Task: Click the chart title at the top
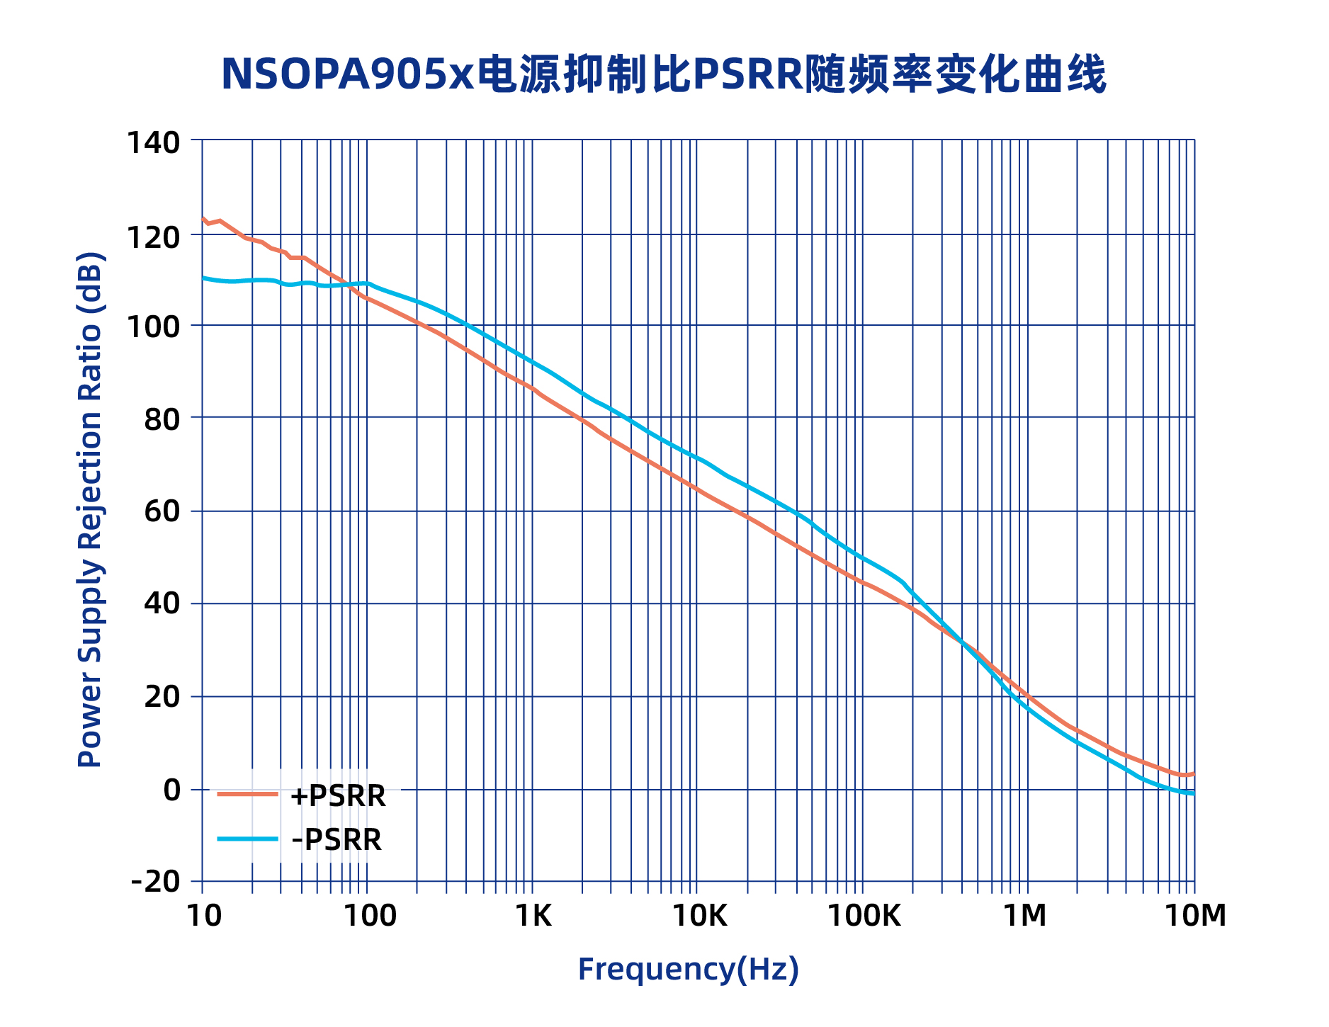(663, 74)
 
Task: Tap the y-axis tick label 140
(152, 142)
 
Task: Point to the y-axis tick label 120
(152, 237)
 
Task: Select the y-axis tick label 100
(152, 327)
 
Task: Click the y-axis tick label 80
(162, 419)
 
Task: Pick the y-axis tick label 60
(162, 511)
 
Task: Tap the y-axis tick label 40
(162, 604)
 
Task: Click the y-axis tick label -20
(155, 882)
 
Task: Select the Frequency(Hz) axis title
(688, 969)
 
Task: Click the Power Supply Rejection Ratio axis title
(90, 509)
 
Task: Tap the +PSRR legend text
(338, 796)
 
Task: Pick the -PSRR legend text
(337, 840)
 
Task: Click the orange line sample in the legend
(247, 795)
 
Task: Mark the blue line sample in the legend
(247, 839)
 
